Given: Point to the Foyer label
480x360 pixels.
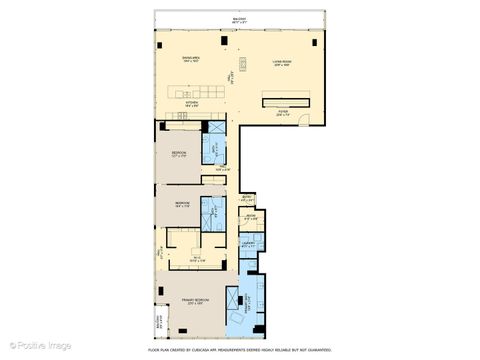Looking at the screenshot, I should click(x=283, y=113).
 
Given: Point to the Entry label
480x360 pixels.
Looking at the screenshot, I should click(x=246, y=198).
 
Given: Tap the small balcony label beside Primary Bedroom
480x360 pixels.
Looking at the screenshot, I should click(x=159, y=323).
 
